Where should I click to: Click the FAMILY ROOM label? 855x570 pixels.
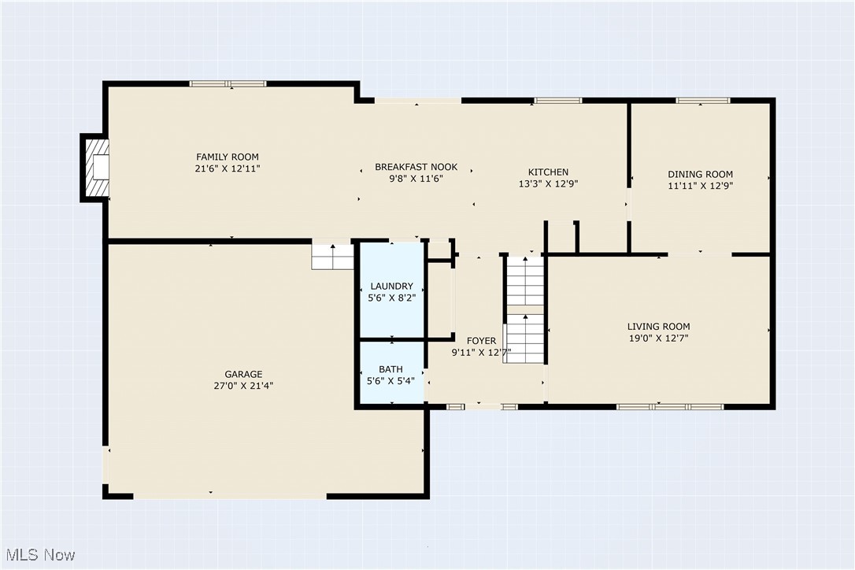(x=227, y=157)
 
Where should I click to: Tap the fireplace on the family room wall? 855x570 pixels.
(x=96, y=167)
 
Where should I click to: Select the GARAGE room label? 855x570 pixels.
(x=243, y=374)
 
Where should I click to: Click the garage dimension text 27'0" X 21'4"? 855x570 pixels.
(x=243, y=386)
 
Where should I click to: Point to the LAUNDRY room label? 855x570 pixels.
(x=391, y=286)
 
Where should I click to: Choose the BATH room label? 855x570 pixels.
(x=390, y=368)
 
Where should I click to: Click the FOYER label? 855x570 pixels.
(x=481, y=341)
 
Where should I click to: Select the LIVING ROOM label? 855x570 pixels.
(x=658, y=326)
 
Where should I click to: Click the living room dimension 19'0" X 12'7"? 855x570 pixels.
(x=658, y=338)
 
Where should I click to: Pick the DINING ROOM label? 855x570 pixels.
(x=700, y=174)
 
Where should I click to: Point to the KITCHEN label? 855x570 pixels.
(x=548, y=172)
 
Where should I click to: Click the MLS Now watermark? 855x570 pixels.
(x=38, y=555)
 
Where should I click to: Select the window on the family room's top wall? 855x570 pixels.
(x=228, y=83)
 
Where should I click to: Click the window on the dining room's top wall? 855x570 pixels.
(x=702, y=100)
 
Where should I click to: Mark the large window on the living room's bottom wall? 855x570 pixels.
(x=669, y=406)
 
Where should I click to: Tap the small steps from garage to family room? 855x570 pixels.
(x=333, y=256)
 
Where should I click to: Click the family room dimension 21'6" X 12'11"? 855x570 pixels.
(x=227, y=168)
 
